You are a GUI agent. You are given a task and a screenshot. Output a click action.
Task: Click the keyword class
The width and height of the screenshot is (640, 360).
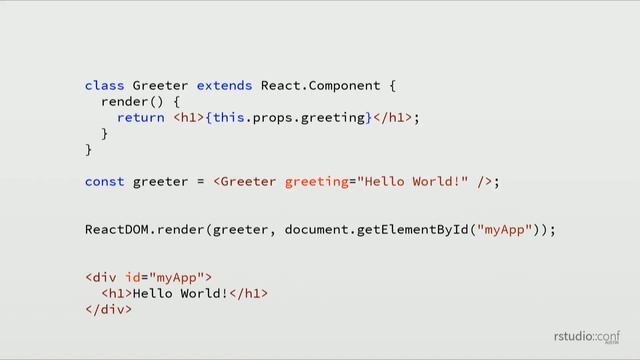(104, 86)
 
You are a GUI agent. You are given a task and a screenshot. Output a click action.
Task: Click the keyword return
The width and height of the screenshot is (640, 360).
(141, 118)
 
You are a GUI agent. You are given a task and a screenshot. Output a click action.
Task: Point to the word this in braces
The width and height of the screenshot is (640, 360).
(225, 118)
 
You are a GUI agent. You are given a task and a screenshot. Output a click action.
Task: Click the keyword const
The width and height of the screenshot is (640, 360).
(104, 182)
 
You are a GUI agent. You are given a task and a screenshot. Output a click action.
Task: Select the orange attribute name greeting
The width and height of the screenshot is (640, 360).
(313, 182)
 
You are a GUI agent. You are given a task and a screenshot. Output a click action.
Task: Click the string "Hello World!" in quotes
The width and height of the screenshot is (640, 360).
(414, 182)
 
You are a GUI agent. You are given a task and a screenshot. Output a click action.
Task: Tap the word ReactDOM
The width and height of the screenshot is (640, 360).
(116, 230)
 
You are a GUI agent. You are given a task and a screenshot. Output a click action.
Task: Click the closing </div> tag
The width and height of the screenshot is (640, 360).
(108, 310)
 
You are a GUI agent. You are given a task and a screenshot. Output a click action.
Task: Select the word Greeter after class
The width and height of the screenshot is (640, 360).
(160, 86)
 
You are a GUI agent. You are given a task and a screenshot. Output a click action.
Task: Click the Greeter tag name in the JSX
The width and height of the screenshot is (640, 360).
(249, 182)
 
